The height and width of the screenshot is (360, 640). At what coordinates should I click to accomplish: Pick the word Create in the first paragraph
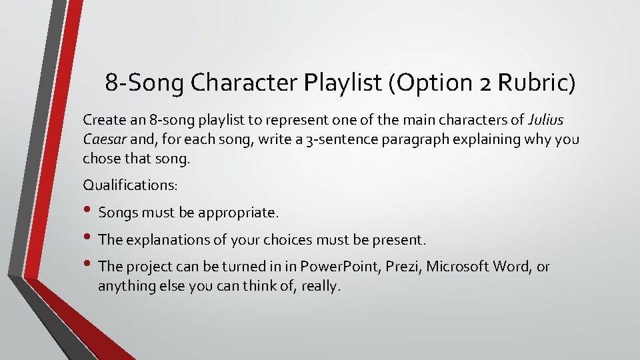[x=103, y=121]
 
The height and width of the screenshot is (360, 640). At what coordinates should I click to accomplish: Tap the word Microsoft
[x=459, y=267]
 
